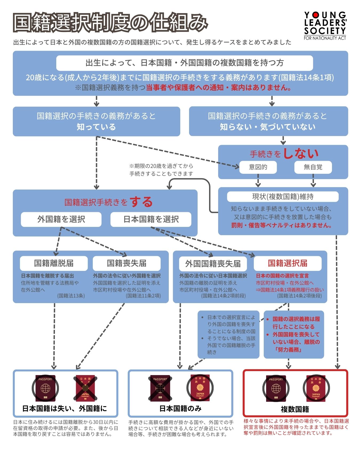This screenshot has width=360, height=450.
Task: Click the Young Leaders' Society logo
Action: (325, 26)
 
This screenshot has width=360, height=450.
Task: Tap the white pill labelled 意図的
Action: (258, 167)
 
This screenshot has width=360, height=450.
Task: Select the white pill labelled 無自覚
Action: (313, 167)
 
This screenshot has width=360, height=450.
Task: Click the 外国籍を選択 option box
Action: (61, 219)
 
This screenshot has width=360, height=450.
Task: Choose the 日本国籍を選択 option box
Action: (151, 219)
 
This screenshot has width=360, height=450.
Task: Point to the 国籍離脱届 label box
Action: (54, 263)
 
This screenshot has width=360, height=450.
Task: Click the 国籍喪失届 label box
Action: (126, 263)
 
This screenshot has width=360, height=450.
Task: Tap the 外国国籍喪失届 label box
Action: (213, 264)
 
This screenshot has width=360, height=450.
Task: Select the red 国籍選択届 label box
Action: (287, 263)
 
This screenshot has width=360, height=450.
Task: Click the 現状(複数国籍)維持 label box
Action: (283, 197)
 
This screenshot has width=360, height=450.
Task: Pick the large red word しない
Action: (301, 153)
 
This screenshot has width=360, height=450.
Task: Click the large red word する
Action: (141, 202)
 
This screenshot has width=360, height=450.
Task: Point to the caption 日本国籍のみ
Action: (180, 408)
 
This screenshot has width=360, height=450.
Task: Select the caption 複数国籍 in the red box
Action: (295, 409)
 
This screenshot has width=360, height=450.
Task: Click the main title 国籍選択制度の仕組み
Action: (110, 22)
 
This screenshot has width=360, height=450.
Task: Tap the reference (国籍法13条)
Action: (71, 296)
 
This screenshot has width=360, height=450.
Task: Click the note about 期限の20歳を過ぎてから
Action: (161, 170)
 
